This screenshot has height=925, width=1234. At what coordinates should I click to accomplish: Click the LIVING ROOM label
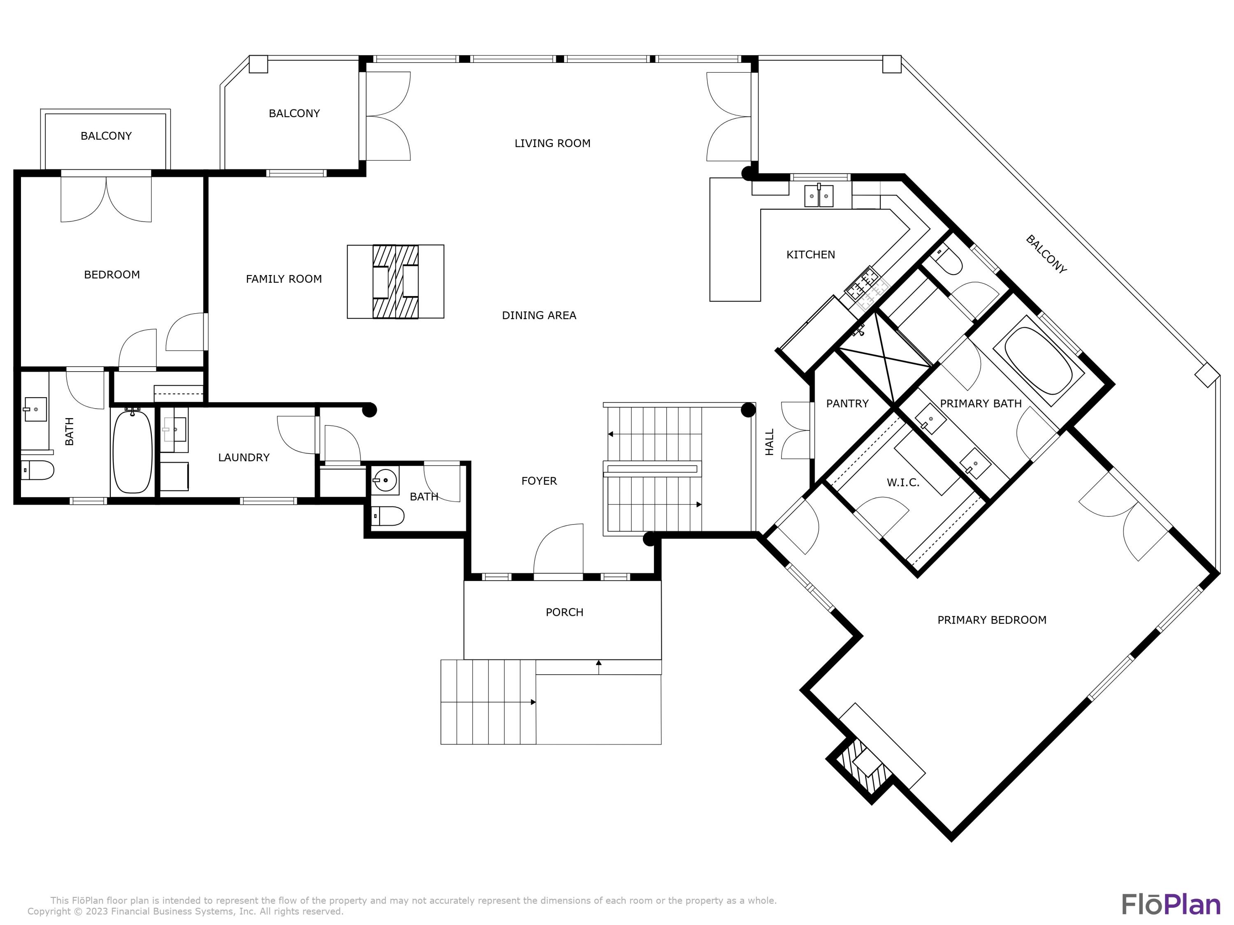552,143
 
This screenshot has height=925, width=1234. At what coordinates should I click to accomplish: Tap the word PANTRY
847,404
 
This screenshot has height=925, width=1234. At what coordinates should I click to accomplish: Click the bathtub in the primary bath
1038,361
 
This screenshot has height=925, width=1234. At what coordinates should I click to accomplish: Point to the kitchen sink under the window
819,196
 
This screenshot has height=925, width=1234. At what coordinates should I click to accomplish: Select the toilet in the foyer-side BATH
388,516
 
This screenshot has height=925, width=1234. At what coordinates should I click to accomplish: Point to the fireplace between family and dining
396,282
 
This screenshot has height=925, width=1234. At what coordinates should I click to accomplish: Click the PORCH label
564,612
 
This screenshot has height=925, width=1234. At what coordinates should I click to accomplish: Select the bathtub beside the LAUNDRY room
132,452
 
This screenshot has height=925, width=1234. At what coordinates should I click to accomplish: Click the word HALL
769,442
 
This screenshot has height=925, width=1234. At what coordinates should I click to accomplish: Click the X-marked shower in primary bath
885,357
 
